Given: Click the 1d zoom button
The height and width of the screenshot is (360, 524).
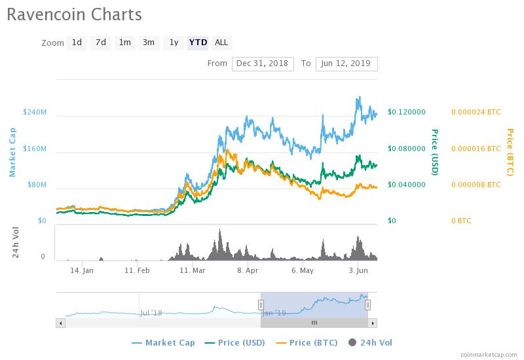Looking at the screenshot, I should click(77, 43).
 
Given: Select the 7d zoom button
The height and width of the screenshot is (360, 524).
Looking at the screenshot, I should click(100, 43).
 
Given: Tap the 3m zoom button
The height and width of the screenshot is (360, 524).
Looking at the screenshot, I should click(149, 43).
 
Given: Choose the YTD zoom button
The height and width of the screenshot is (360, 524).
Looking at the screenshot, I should click(198, 43).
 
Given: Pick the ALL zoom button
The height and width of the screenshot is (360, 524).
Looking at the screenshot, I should click(221, 43).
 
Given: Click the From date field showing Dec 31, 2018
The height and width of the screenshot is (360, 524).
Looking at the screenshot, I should click(263, 63).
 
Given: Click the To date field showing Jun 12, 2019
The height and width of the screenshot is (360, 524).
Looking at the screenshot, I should click(346, 63).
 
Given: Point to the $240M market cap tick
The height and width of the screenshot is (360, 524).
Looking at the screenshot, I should click(34, 112).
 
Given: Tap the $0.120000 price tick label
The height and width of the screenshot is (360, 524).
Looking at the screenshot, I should click(407, 112).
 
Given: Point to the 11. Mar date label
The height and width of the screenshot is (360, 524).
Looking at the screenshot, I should click(193, 270).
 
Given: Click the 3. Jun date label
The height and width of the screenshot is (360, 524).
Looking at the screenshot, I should click(358, 270).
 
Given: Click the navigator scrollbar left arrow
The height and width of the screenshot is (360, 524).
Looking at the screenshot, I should click(61, 323).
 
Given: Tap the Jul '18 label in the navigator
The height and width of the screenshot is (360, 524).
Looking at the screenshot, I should click(151, 313).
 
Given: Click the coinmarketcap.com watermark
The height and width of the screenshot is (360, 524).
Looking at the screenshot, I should click(488, 353).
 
